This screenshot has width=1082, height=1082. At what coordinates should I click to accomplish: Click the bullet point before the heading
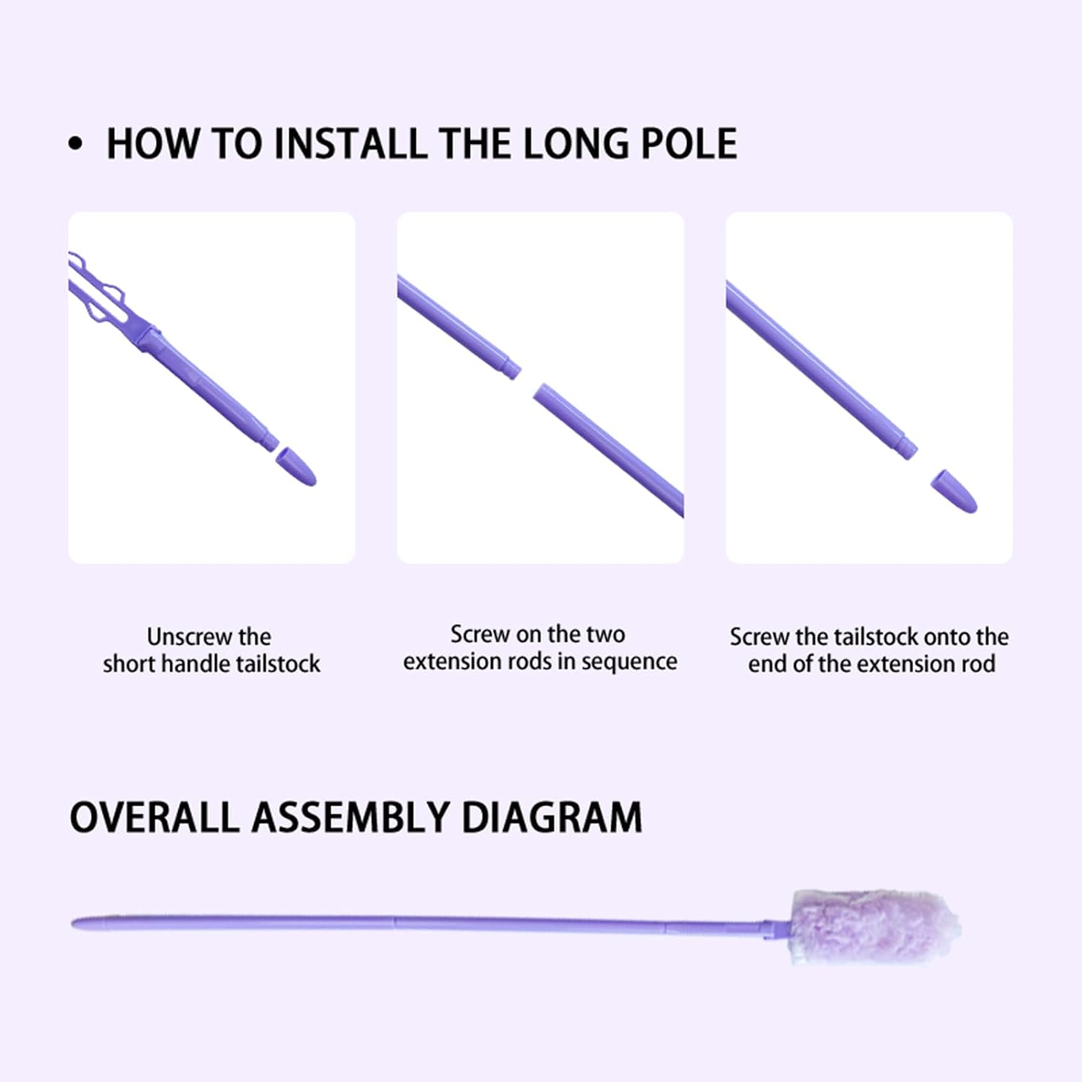click(76, 144)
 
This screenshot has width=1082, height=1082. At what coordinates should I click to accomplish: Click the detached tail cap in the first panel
click(296, 467)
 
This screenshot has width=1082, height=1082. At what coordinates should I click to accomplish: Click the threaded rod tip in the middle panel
click(510, 369)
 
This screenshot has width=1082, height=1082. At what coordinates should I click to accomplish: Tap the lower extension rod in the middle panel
click(608, 450)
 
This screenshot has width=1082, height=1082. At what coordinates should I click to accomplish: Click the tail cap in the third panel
click(954, 491)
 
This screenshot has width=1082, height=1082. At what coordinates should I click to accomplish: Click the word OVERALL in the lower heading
click(154, 818)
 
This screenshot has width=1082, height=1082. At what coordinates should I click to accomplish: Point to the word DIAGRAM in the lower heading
click(552, 818)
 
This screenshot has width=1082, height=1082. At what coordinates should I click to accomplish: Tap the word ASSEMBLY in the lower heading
click(350, 818)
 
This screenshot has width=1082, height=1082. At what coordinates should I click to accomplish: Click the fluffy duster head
click(875, 927)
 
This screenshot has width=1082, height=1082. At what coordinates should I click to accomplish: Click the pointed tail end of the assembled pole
click(74, 923)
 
